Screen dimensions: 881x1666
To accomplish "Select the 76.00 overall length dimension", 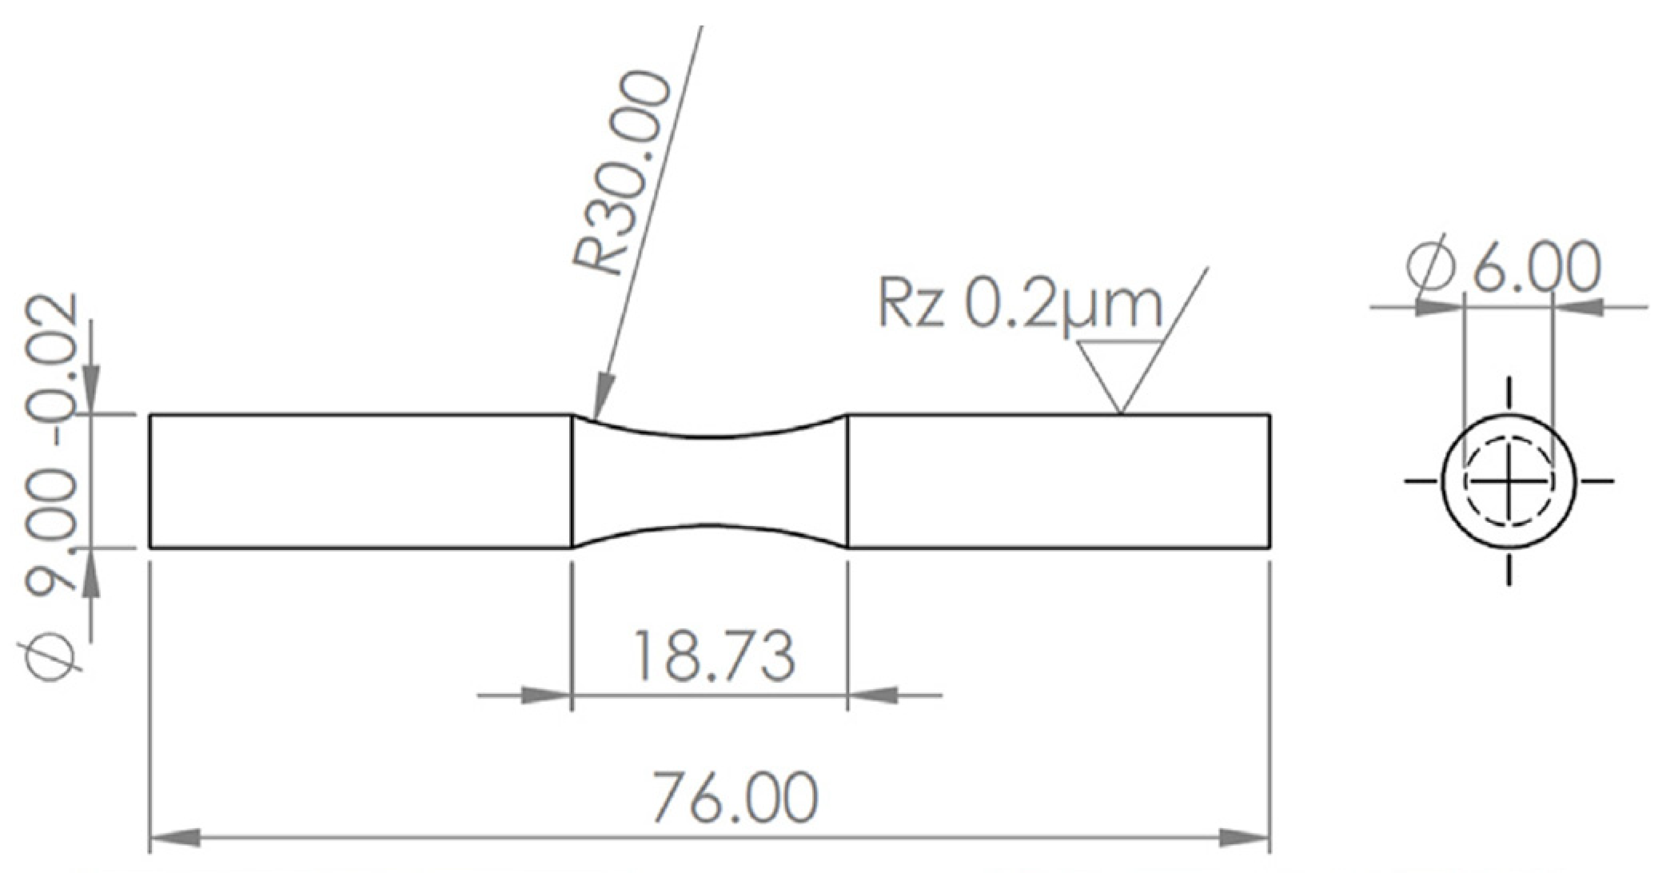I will click(735, 796).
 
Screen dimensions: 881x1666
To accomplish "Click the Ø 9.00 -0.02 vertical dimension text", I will click(53, 488).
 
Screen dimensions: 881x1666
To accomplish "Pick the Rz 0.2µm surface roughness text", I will click(1020, 305).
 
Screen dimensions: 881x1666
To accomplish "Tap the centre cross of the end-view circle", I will click(1509, 480).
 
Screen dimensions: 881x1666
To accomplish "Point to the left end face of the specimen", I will click(150, 480).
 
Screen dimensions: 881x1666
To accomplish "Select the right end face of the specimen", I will click(1269, 480).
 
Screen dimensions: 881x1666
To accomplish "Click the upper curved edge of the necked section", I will click(710, 436).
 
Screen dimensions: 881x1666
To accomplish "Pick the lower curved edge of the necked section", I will click(710, 526).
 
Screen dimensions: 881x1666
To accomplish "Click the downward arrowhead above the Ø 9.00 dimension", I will click(91, 392).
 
